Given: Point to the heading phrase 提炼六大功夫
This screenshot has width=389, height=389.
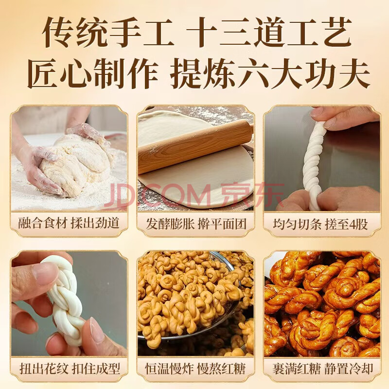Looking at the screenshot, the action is pos(270,73).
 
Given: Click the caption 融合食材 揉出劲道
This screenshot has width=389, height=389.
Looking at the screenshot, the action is pos(69,223).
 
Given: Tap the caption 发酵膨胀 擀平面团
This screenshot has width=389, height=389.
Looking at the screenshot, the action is pos(196,224).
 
